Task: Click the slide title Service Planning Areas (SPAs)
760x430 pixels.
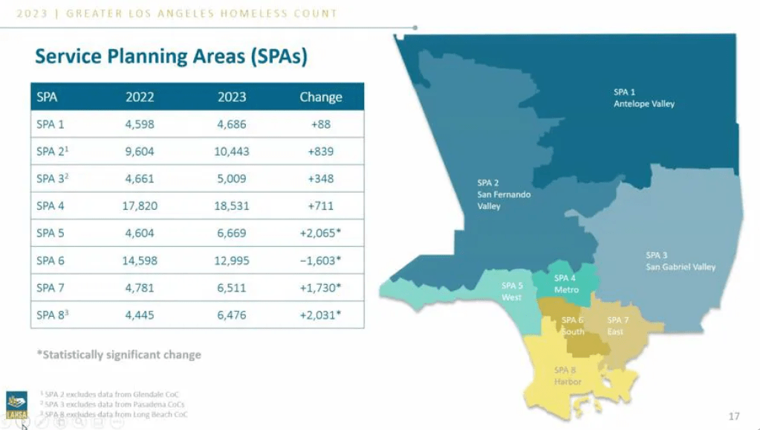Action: tap(172, 57)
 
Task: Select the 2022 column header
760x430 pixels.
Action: tap(140, 97)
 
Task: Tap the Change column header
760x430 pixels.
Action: tap(320, 97)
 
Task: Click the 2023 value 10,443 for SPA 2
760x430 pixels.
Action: tap(233, 151)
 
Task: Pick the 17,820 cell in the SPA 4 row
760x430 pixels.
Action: tap(140, 205)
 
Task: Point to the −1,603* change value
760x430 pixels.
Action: tap(320, 260)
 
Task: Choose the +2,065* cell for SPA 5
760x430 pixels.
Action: tap(320, 233)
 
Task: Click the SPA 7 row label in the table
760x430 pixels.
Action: tap(51, 287)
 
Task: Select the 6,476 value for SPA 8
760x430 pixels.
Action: tap(233, 315)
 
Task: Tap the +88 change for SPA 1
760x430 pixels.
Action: tap(320, 124)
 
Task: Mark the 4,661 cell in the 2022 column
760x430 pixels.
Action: tap(140, 179)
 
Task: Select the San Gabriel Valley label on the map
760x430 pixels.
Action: tap(680, 261)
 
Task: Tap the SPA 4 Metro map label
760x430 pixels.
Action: tap(566, 283)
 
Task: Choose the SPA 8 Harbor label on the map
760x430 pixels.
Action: tap(567, 376)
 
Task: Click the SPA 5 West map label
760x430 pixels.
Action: tap(511, 291)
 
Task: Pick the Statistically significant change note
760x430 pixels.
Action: tap(119, 355)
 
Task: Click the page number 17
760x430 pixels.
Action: tap(734, 416)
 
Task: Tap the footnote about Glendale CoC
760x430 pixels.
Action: tap(111, 394)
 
